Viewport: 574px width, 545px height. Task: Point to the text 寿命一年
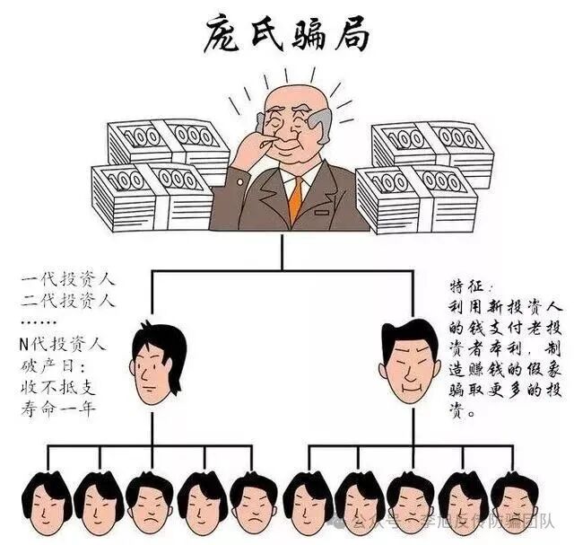pyautogui.click(x=61, y=411)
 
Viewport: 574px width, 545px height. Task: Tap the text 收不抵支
pyautogui.click(x=61, y=389)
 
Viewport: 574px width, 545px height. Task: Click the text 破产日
pyautogui.click(x=54, y=366)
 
